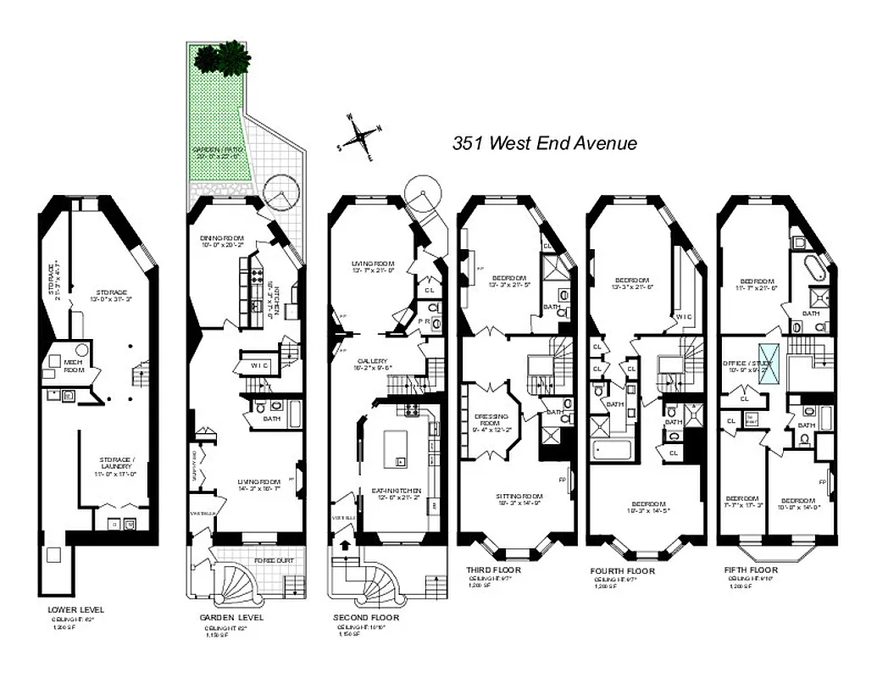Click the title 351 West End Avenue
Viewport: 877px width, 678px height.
(544, 143)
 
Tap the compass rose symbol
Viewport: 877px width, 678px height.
(360, 136)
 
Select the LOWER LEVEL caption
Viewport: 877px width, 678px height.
(75, 609)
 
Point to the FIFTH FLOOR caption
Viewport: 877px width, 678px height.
(751, 570)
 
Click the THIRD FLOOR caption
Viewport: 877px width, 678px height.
(493, 570)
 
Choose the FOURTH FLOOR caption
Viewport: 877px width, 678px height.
(623, 571)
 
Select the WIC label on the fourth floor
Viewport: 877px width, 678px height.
(682, 317)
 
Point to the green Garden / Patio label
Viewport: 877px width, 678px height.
(219, 152)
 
